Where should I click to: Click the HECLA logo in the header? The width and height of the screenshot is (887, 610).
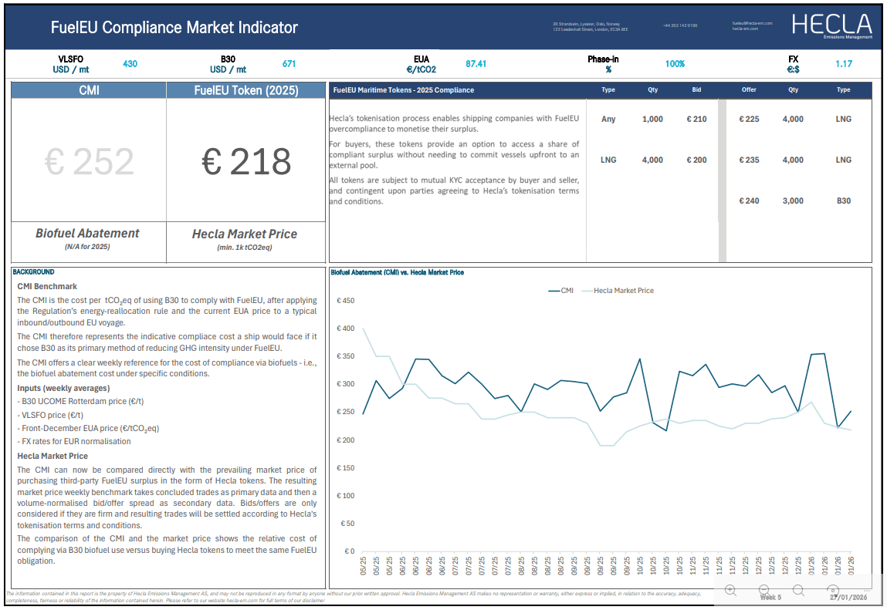click(x=831, y=25)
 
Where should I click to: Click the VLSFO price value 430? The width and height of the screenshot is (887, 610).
click(x=130, y=64)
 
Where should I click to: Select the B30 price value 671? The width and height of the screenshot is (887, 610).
click(x=289, y=64)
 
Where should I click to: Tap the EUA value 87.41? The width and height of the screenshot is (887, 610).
click(x=476, y=64)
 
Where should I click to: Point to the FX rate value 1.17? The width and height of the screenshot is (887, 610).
click(x=843, y=64)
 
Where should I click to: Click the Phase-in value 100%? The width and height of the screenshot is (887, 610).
click(x=675, y=64)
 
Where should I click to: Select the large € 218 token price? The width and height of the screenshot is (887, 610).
click(x=246, y=162)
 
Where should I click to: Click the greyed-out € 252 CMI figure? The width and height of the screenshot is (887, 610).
click(x=90, y=162)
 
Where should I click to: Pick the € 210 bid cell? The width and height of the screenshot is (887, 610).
click(x=696, y=120)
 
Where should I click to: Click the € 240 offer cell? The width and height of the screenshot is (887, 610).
click(x=749, y=201)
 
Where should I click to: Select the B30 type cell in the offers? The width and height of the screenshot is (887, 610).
click(x=843, y=201)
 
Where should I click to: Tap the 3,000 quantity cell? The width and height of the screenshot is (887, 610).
click(x=793, y=201)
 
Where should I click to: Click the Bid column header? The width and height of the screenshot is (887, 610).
click(x=696, y=90)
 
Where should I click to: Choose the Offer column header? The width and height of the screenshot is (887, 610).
click(x=749, y=90)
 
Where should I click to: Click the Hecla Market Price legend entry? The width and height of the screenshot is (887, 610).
click(x=623, y=291)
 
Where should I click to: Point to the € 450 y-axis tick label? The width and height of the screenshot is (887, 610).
click(x=345, y=301)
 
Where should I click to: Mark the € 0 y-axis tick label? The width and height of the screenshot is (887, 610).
click(x=349, y=551)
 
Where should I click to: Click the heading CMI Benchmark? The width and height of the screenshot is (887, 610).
click(x=47, y=286)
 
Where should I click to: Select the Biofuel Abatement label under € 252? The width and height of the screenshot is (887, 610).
click(x=87, y=233)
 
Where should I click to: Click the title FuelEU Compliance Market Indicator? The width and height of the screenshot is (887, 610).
click(x=174, y=28)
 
